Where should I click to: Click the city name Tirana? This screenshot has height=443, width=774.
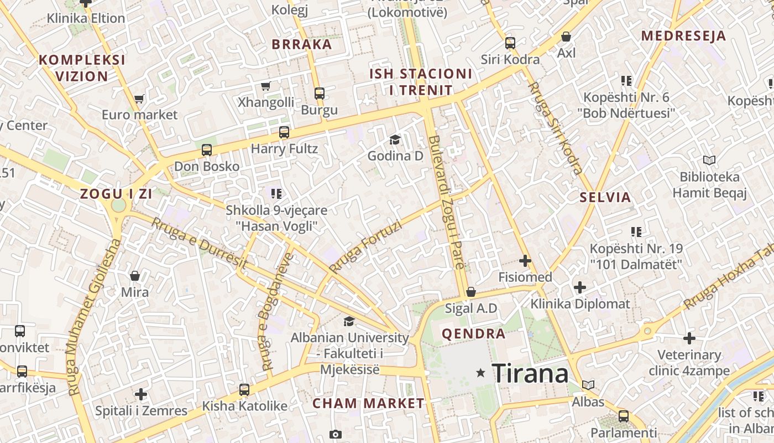(x=530, y=373)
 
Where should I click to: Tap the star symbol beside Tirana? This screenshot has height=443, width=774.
(x=481, y=373)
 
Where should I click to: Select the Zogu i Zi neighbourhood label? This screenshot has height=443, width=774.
(x=116, y=194)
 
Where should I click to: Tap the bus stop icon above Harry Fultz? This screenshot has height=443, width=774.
(x=284, y=132)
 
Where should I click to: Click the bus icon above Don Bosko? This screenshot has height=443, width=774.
(x=207, y=150)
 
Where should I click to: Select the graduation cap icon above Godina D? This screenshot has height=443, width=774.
(x=395, y=140)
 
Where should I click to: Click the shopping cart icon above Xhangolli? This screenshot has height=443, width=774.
(x=266, y=86)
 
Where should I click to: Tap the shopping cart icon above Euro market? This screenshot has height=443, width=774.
(x=139, y=99)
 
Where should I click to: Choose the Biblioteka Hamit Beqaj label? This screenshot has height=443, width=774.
(x=709, y=185)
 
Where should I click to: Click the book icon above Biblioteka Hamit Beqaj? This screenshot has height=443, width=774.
(x=709, y=161)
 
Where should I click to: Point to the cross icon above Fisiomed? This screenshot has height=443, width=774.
(x=525, y=260)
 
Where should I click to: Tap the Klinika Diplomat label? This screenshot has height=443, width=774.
(x=580, y=304)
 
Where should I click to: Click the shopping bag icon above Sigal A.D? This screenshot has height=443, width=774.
(x=471, y=292)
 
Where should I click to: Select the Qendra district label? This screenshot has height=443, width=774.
(x=474, y=334)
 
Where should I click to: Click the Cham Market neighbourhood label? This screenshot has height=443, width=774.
(x=368, y=404)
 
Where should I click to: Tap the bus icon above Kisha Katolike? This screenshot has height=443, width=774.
(x=244, y=390)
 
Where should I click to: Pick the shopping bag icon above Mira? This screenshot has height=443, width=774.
(x=134, y=276)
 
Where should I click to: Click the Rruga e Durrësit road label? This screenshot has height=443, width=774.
(x=198, y=243)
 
